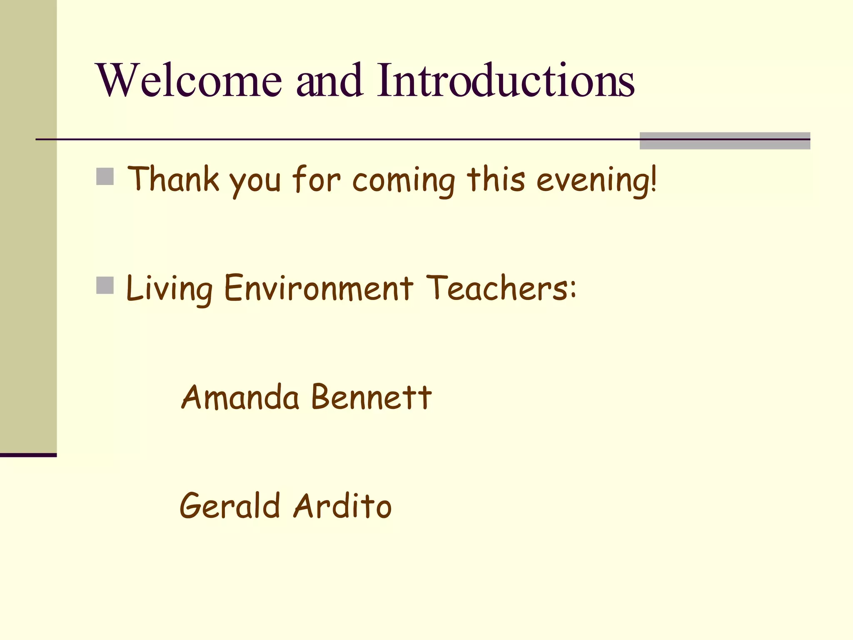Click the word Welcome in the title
[190, 80]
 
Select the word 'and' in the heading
[329, 80]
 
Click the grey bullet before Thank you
[105, 177]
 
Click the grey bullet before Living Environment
[105, 285]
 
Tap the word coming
[404, 181]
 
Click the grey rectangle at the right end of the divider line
[725, 141]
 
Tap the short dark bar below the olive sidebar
[28, 455]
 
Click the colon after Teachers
[573, 288]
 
